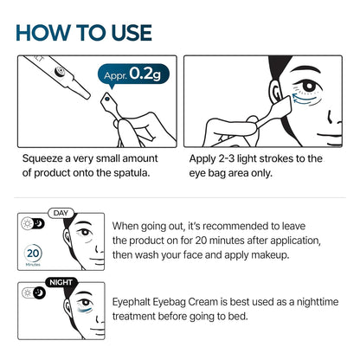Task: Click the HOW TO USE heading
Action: click(84, 32)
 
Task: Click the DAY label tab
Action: click(59, 213)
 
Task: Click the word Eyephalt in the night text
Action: click(139, 302)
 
